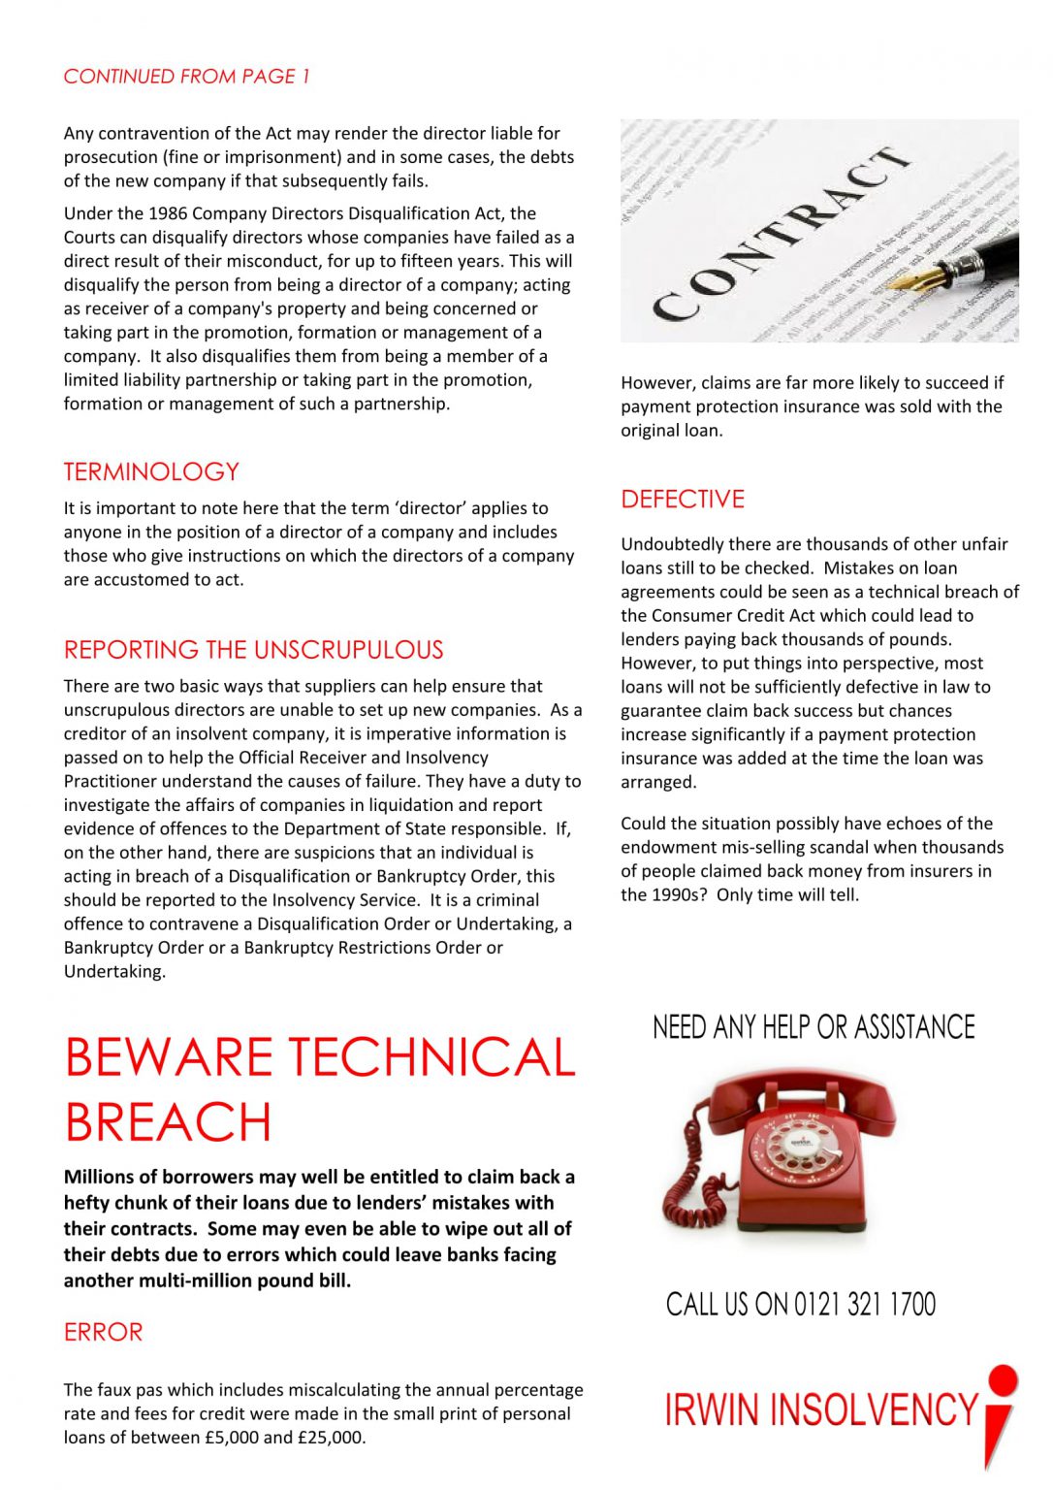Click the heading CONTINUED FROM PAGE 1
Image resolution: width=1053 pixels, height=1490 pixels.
pyautogui.click(x=186, y=76)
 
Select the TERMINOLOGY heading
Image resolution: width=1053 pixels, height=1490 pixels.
pyautogui.click(x=151, y=472)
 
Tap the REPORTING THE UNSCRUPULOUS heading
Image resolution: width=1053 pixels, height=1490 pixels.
pyautogui.click(x=253, y=650)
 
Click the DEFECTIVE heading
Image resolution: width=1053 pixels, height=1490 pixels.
pyautogui.click(x=683, y=500)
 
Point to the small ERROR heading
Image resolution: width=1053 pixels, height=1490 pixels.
pyautogui.click(x=103, y=1332)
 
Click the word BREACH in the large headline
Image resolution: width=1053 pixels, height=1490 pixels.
pyautogui.click(x=168, y=1122)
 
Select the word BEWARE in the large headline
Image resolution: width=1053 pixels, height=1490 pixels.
pyautogui.click(x=168, y=1057)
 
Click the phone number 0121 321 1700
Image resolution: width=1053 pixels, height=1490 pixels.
pyautogui.click(x=865, y=1305)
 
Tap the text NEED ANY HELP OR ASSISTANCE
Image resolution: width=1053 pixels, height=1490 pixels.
pyautogui.click(x=814, y=1027)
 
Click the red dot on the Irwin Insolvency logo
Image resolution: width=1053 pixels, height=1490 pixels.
pyautogui.click(x=1003, y=1379)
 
